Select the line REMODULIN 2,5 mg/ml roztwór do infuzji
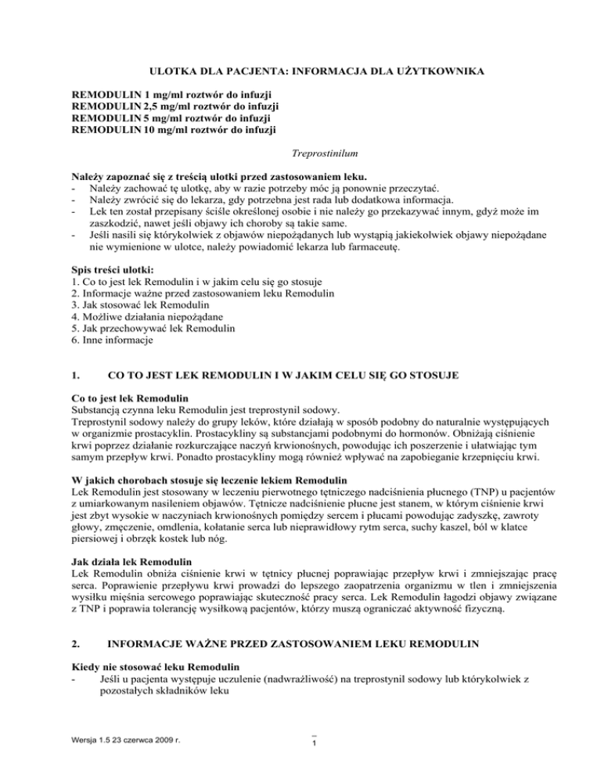pyautogui.click(x=175, y=106)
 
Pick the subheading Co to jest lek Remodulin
pyautogui.click(x=130, y=398)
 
